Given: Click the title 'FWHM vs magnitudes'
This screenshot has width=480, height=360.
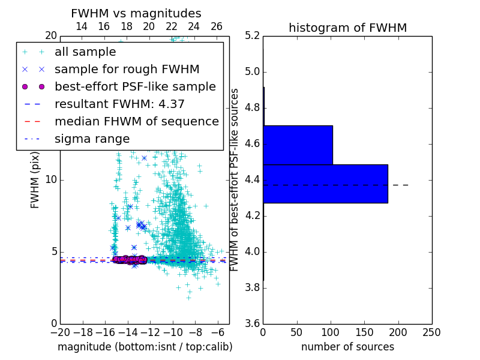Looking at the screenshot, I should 136,13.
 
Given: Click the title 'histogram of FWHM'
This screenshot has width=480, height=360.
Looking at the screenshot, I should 347,28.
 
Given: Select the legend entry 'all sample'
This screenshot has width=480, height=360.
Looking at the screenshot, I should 85,52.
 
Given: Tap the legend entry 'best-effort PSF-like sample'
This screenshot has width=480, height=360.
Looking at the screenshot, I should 135,87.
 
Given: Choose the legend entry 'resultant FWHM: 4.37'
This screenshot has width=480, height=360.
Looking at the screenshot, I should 119,104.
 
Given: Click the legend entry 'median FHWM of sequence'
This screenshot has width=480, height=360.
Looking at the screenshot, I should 136,122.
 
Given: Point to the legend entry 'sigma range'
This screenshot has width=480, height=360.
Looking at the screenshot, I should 92,139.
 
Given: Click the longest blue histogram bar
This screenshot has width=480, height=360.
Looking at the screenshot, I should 325,184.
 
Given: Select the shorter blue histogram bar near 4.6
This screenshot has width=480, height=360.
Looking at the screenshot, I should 298,145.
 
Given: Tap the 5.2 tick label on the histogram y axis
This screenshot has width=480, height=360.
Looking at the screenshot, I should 253,35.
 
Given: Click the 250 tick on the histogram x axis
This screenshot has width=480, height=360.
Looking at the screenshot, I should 431,332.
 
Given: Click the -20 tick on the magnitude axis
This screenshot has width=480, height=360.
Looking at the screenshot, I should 60,332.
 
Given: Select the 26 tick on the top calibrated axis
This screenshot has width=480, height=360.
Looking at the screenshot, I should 217,26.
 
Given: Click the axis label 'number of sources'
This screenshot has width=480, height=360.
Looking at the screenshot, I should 347,347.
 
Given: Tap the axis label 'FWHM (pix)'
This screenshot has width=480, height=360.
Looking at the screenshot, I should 35,179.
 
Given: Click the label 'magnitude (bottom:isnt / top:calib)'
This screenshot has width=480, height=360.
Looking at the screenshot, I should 145,347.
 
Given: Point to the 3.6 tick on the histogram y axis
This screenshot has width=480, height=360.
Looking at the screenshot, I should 253,323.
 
